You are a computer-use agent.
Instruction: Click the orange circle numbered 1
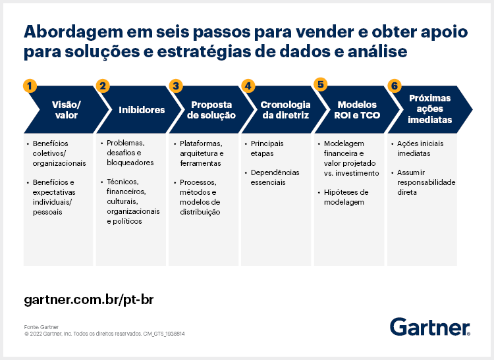30,86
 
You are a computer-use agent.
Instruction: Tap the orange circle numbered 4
248,86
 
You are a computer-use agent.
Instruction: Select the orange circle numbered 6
395,86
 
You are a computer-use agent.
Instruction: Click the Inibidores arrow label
142,110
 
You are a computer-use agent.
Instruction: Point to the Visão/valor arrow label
67,110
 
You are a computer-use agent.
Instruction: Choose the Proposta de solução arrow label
211,110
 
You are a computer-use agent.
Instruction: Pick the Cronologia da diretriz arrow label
285,110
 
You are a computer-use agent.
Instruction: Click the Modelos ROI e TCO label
357,110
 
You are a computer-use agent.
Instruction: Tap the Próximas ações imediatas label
429,109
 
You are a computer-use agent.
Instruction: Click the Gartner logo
430,326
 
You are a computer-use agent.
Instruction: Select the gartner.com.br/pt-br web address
89,299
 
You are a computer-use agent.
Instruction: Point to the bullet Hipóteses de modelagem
346,197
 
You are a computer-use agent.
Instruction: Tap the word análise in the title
377,51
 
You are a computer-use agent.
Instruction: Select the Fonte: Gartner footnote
41,327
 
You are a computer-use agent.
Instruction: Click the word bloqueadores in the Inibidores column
130,163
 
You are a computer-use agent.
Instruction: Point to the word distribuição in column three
200,212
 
